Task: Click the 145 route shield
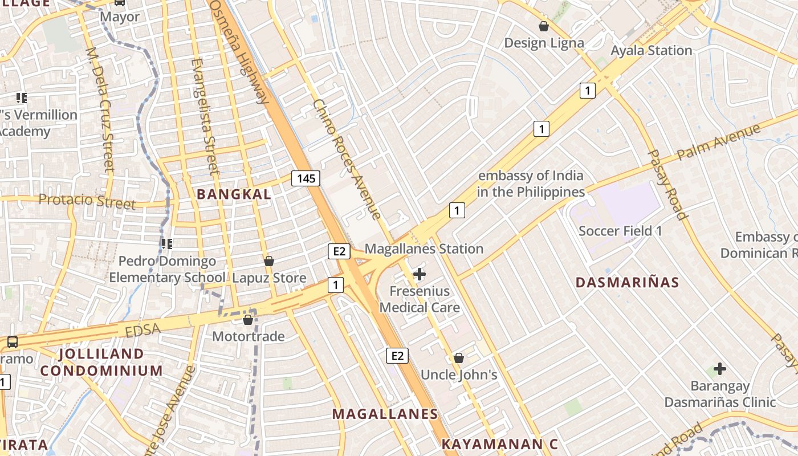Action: pos(306,178)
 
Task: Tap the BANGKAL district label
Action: pos(234,194)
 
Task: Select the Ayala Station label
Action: pos(652,50)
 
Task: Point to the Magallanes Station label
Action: pos(424,249)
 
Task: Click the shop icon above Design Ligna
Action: pos(544,26)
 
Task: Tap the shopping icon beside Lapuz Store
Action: pos(269,261)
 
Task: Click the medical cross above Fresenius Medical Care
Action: pos(420,274)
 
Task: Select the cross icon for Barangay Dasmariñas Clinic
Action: pos(720,369)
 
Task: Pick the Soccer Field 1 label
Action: pos(620,231)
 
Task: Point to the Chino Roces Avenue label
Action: pos(347,159)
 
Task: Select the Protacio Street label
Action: pos(87,201)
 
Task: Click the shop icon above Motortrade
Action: pos(248,320)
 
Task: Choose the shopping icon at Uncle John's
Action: pos(459,358)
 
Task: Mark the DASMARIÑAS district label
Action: pos(627,283)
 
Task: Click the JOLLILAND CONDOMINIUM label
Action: pos(101,362)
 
